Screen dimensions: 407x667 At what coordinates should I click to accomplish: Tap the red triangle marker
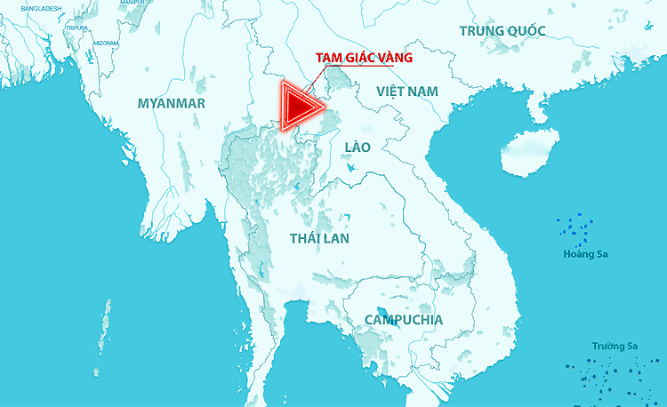(299, 107)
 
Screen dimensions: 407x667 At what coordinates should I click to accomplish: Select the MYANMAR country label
(172, 104)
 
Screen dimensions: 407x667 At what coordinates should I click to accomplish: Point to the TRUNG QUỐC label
(502, 31)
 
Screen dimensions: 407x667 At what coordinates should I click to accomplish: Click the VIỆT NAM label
(407, 92)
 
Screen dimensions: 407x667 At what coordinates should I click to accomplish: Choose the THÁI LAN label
(319, 238)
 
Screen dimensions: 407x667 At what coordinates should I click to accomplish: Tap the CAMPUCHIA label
(404, 319)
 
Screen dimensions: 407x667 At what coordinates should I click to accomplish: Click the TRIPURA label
(76, 28)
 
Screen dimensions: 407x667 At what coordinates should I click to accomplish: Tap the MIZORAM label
(106, 43)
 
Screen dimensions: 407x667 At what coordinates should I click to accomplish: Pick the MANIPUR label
(131, 3)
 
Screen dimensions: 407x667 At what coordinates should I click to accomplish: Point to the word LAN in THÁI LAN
(336, 238)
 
